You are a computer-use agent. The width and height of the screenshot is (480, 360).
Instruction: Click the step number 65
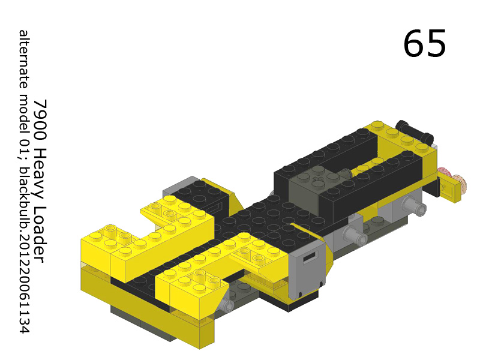(x=424, y=44)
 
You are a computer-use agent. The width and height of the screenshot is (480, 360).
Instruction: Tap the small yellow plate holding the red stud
(x=451, y=191)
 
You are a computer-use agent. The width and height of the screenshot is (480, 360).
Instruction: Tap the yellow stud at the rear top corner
(x=377, y=125)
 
